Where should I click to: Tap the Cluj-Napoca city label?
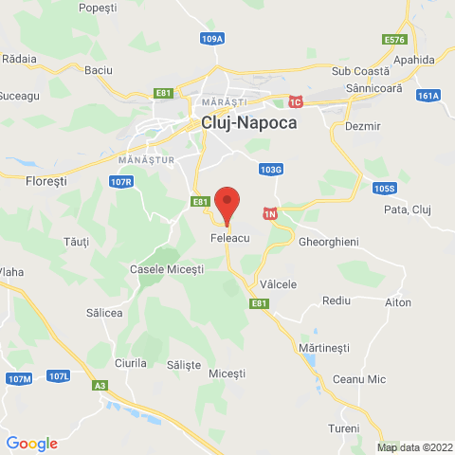click(x=248, y=122)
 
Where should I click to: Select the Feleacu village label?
click(x=228, y=241)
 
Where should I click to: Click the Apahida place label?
click(x=417, y=60)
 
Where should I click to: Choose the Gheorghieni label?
click(x=328, y=243)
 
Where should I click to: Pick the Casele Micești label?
click(x=166, y=270)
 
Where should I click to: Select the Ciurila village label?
click(x=129, y=363)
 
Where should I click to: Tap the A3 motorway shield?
click(x=100, y=385)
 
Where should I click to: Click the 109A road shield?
click(x=212, y=39)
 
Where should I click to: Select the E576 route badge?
click(x=395, y=40)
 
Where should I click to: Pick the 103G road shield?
click(x=270, y=170)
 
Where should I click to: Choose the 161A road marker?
click(x=428, y=95)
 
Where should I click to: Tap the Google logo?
click(x=31, y=444)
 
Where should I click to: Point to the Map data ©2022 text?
click(x=414, y=447)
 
